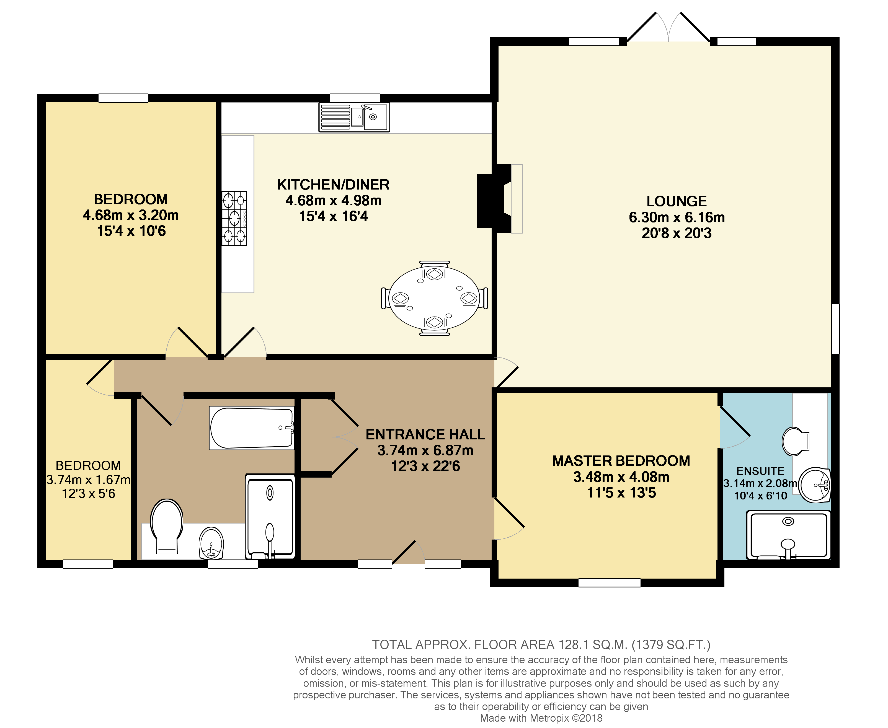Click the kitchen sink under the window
point(354,117)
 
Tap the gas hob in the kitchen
point(234,219)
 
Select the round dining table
point(434,298)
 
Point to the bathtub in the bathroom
point(252,428)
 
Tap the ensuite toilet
point(795,441)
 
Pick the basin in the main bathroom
point(211,543)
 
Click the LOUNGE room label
point(676,201)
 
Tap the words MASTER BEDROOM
point(621,461)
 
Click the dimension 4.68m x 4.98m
point(334,200)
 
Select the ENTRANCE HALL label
point(425,434)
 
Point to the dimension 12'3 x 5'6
point(89,494)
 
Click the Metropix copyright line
point(541,718)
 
